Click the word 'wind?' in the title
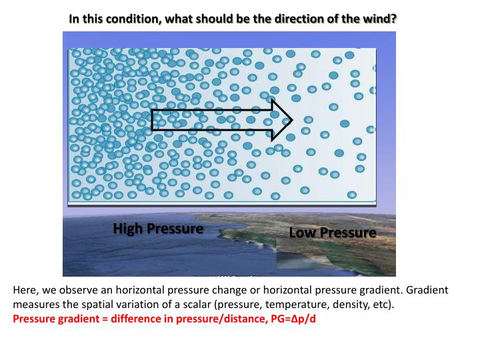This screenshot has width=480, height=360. (381, 18)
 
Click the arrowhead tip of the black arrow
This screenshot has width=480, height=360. (291, 120)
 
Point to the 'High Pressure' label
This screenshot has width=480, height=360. (158, 229)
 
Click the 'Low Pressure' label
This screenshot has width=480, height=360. (332, 233)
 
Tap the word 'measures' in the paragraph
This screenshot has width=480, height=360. (35, 305)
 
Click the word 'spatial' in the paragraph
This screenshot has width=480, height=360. (91, 305)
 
